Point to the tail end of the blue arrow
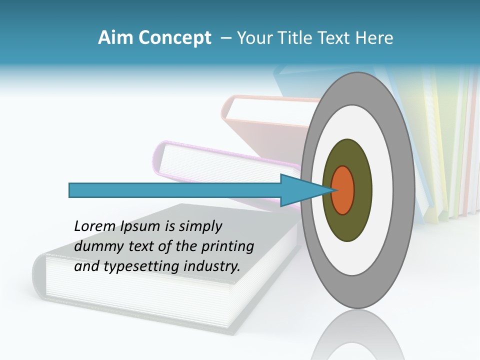(x=71, y=190)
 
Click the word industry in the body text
(x=212, y=266)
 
